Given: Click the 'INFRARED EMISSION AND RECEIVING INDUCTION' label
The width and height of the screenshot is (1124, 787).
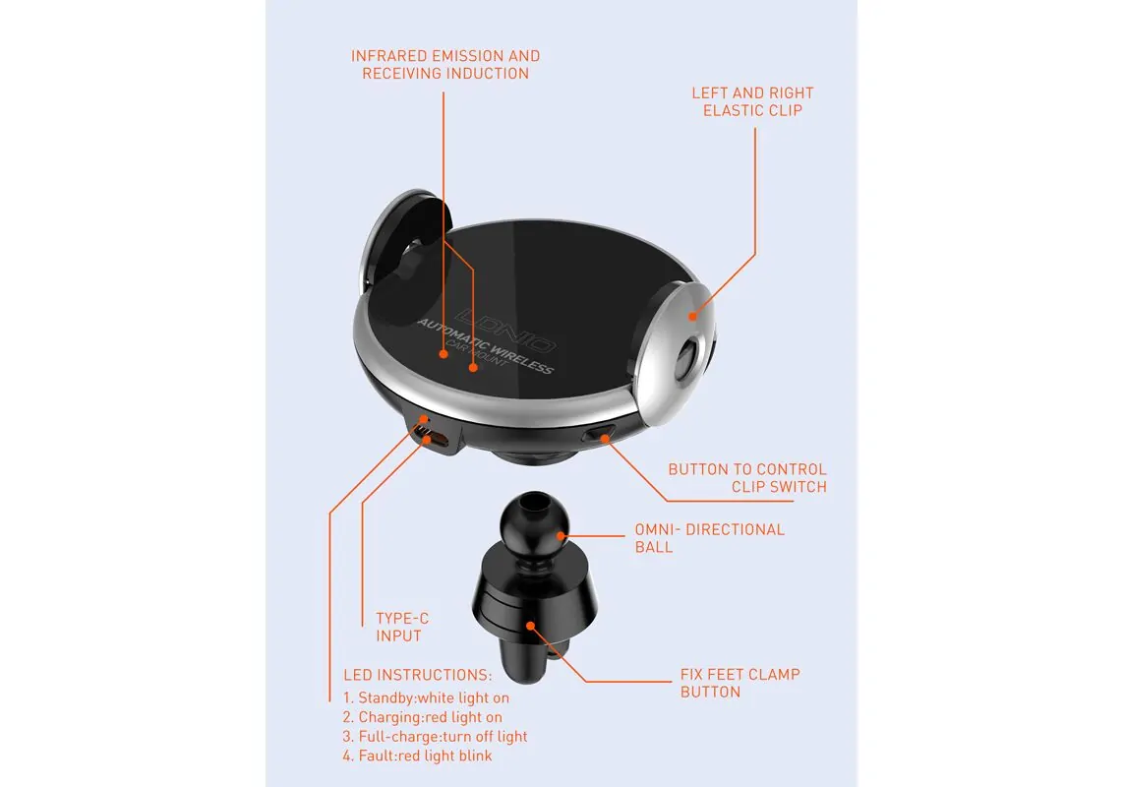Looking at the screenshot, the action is (445, 65).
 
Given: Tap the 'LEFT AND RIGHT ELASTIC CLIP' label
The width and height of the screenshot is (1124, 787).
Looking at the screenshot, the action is (752, 102).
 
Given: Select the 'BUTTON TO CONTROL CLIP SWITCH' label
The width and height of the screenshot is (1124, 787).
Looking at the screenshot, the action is (747, 478).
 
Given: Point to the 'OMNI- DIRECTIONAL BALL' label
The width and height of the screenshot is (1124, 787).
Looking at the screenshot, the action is (710, 538).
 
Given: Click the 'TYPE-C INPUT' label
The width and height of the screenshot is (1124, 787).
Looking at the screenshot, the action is (402, 627).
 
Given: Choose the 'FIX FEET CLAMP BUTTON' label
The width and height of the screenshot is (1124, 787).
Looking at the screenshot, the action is (739, 683).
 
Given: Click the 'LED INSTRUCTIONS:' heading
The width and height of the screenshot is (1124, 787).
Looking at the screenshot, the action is (418, 675).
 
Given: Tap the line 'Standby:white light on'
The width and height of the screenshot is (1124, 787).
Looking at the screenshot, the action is (426, 697).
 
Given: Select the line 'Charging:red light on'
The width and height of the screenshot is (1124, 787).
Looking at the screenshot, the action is (422, 717).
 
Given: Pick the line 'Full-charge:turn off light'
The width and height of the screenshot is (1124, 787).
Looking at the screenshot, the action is (435, 736).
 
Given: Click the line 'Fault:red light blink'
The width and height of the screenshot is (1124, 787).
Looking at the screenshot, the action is (417, 756).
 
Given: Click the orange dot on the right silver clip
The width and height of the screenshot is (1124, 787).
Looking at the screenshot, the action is (693, 316).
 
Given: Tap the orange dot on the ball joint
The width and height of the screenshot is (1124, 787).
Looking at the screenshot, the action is (562, 536).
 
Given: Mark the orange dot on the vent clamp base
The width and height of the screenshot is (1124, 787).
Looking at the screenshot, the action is (530, 626).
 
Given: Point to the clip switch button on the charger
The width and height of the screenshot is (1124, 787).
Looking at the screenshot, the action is (599, 433).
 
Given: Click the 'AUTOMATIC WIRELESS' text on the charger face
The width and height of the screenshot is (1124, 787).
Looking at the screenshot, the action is (486, 346).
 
